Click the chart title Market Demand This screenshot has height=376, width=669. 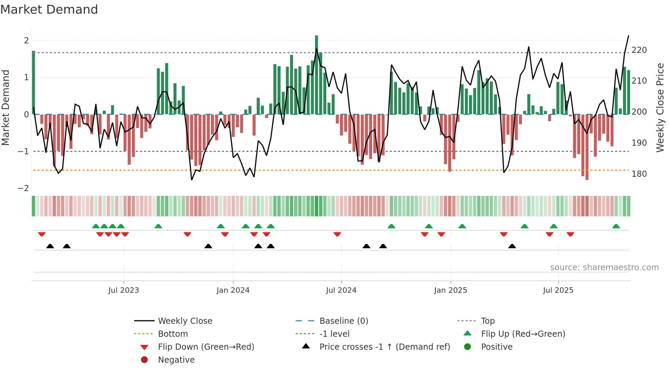(x=49, y=10)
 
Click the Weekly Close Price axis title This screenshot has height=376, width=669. (x=660, y=107)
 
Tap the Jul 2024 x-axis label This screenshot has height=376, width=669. (x=341, y=290)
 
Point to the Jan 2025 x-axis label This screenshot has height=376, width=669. (x=450, y=290)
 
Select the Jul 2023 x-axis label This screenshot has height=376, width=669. (x=124, y=290)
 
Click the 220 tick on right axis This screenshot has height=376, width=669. (x=639, y=50)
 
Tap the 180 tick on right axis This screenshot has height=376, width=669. (x=639, y=174)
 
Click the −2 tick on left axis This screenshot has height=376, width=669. (x=23, y=188)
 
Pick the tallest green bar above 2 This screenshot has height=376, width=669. (x=316, y=75)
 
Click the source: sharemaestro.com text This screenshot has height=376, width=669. (x=604, y=267)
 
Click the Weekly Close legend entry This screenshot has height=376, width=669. (x=185, y=321)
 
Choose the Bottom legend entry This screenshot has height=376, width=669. (x=173, y=334)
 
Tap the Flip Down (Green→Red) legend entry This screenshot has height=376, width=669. (x=206, y=347)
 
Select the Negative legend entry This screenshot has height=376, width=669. (x=176, y=360)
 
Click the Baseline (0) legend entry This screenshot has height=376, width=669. (x=343, y=321)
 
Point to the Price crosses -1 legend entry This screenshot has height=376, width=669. (x=384, y=347)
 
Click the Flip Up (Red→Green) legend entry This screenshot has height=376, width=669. (x=523, y=334)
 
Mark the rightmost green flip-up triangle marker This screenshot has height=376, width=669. (x=616, y=226)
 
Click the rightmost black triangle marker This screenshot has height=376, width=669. (x=512, y=246)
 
